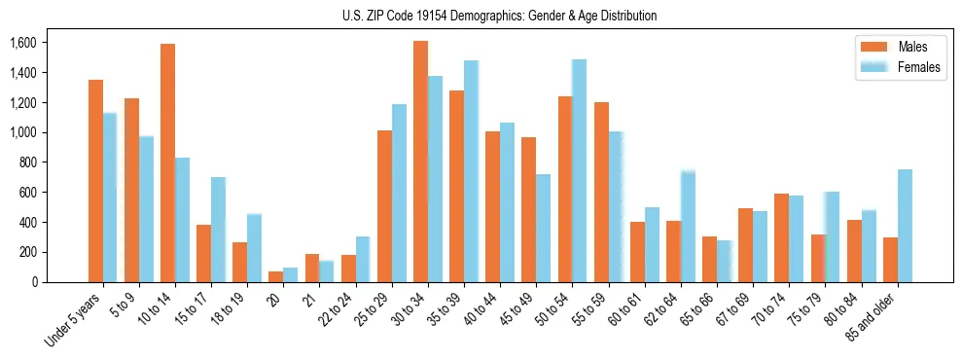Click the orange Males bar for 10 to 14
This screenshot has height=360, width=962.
click(167, 162)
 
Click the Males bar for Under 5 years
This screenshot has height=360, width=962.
click(95, 181)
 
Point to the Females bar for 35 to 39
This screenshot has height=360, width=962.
click(471, 171)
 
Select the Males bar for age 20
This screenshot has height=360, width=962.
click(276, 276)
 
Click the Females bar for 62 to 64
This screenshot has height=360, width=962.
click(688, 227)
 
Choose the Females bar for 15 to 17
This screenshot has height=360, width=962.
click(218, 230)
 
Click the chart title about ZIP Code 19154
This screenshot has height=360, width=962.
click(500, 16)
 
